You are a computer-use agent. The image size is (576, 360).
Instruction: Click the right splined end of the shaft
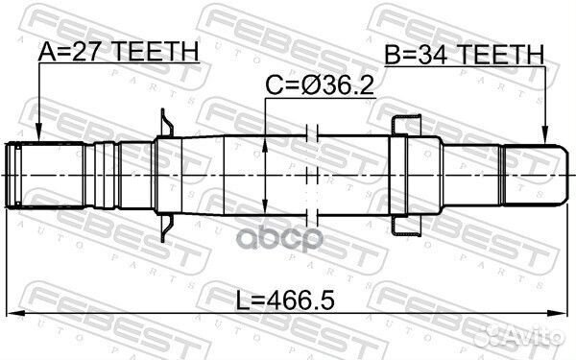coord(534,173)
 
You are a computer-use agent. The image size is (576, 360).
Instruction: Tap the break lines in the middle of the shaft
coord(310,173)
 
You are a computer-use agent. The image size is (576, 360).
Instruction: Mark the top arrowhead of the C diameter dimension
coord(264,141)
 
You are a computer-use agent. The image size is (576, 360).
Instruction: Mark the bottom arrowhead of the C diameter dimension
coord(264,206)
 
